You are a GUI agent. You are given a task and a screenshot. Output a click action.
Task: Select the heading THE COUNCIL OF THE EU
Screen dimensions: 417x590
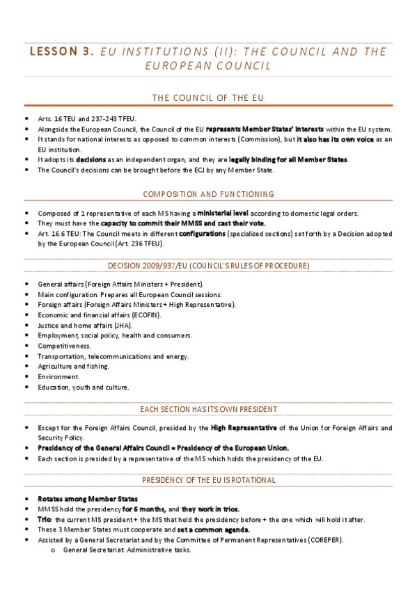pos(208,97)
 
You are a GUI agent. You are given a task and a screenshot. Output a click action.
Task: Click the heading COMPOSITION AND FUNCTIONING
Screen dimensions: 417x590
pos(208,194)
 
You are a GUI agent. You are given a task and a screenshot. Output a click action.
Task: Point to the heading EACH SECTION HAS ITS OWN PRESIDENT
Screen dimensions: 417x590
pos(208,409)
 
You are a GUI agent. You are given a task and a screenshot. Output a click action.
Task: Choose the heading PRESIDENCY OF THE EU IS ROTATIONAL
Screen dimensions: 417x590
pos(208,480)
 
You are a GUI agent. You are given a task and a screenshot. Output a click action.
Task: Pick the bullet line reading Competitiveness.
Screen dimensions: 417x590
pos(64,346)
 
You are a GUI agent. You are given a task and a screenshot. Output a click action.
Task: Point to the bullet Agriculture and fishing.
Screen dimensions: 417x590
pos(73,366)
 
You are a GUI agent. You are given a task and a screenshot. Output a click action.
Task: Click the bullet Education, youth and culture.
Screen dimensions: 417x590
pos(84,387)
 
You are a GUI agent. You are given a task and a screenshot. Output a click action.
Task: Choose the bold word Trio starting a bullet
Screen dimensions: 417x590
pos(45,520)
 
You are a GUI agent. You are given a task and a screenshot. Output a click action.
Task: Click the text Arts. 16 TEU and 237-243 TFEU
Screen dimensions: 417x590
pos(87,119)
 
